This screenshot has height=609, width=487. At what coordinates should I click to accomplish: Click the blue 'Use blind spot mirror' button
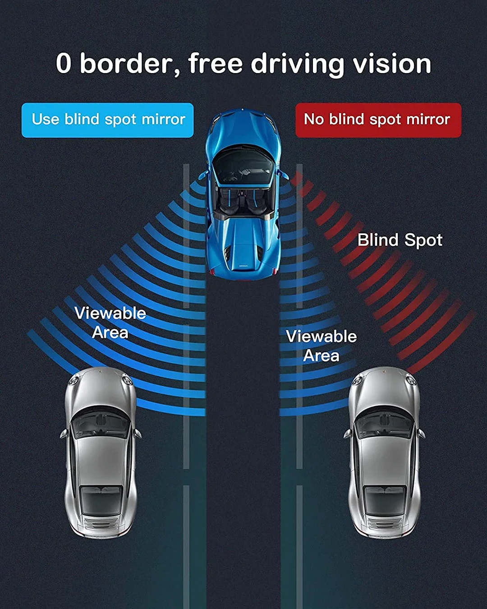pyautogui.click(x=107, y=120)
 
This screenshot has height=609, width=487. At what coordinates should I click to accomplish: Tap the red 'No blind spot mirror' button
pyautogui.click(x=378, y=120)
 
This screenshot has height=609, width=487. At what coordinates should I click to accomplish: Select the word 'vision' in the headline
pyautogui.click(x=392, y=64)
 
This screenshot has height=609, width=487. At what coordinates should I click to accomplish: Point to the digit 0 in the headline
pyautogui.click(x=64, y=64)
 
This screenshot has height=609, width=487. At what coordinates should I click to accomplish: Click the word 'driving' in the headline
pyautogui.click(x=298, y=65)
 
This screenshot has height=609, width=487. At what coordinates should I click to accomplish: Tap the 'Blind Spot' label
pyautogui.click(x=400, y=240)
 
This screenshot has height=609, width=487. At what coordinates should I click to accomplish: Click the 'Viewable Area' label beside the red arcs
pyautogui.click(x=321, y=346)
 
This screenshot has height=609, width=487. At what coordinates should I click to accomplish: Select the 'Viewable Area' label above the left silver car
pyautogui.click(x=110, y=323)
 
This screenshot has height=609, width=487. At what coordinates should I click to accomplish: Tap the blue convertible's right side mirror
pyautogui.click(x=284, y=174)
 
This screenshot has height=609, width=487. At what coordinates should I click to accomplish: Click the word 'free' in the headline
pyautogui.click(x=216, y=64)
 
